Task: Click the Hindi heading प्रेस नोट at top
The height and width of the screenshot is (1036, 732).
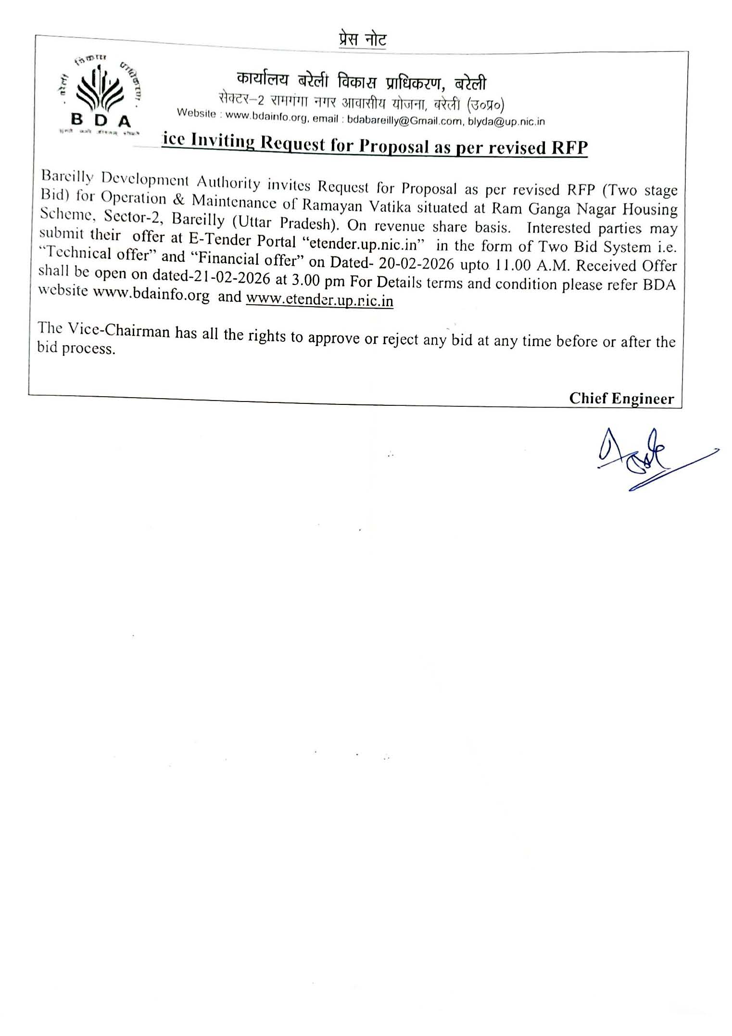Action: [x=362, y=39]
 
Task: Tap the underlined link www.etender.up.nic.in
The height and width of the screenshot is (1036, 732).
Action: [x=320, y=300]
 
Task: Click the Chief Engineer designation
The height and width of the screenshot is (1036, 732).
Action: [x=621, y=398]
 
